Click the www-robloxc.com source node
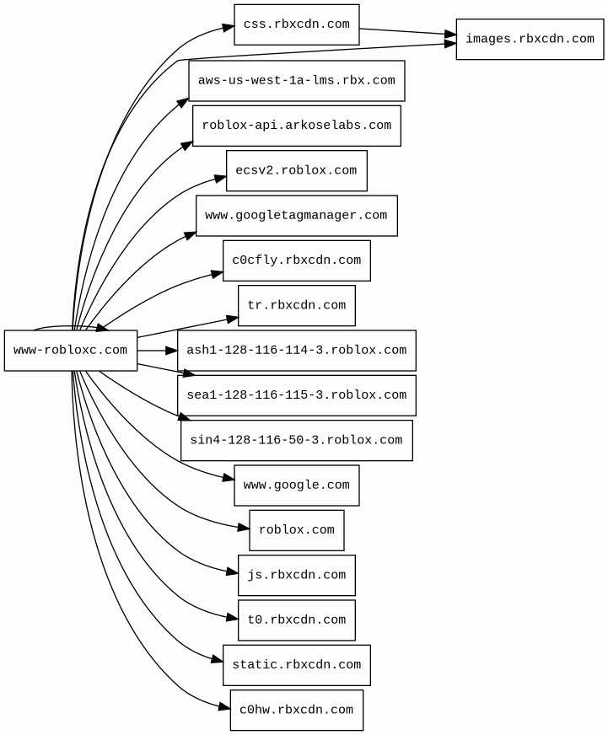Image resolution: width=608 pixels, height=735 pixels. [71, 350]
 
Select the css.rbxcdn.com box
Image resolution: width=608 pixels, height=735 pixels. [297, 24]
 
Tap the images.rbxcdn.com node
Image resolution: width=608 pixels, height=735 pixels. [530, 40]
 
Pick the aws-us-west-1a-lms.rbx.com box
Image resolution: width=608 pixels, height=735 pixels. [297, 81]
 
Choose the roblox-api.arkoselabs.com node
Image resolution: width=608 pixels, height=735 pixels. [297, 126]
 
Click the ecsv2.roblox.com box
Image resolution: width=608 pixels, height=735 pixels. [297, 170]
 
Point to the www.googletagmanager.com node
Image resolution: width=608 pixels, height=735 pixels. [297, 216]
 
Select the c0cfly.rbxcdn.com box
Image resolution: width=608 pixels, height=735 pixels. [297, 260]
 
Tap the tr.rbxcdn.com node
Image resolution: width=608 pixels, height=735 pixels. [297, 306]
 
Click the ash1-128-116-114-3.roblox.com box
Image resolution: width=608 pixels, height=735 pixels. [297, 351]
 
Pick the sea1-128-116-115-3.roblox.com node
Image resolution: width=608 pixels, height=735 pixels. [297, 395]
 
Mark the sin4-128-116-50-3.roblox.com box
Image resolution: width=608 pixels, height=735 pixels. [297, 440]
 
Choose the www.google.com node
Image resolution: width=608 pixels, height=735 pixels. [297, 486]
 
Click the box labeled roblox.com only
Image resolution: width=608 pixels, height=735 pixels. [297, 530]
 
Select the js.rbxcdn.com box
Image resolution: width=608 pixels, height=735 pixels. [297, 575]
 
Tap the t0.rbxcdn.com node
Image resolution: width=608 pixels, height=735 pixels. [297, 620]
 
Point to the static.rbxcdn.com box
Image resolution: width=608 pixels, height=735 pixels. [297, 665]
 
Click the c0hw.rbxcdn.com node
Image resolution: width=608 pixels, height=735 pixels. [297, 711]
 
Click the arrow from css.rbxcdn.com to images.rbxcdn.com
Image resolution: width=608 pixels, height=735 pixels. [407, 32]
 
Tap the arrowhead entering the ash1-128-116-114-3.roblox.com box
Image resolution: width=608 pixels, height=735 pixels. [172, 351]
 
